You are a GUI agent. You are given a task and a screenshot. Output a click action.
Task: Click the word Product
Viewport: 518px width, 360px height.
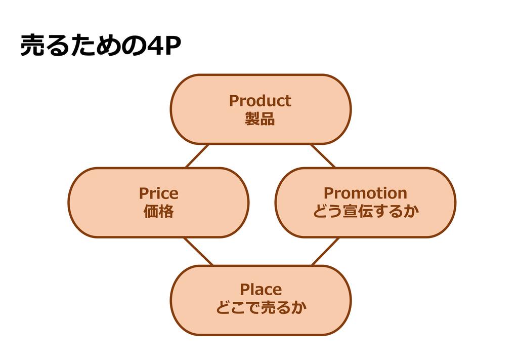click(x=260, y=101)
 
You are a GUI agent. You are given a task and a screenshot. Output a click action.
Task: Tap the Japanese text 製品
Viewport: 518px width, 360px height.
click(x=260, y=119)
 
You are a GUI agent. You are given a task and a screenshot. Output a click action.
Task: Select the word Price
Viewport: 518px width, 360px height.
click(x=158, y=193)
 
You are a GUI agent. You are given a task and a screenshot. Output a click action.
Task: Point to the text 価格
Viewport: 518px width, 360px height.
click(x=158, y=212)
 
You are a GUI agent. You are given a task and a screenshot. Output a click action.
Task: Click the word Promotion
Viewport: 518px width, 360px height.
click(x=365, y=193)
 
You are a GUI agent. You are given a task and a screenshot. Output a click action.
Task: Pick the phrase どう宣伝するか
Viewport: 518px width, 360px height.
click(x=365, y=212)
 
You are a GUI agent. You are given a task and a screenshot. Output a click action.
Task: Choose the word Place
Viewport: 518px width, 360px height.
click(x=261, y=290)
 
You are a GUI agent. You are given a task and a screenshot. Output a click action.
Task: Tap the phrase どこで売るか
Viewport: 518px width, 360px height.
click(x=261, y=308)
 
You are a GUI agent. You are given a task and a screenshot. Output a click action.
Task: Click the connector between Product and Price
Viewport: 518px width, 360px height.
click(x=197, y=156)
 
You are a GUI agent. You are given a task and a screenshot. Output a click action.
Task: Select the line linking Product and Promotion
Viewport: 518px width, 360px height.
click(x=323, y=156)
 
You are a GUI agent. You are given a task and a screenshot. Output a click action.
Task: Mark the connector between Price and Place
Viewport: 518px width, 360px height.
click(x=198, y=252)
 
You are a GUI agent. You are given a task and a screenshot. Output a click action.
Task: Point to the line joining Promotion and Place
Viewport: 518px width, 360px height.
click(x=325, y=252)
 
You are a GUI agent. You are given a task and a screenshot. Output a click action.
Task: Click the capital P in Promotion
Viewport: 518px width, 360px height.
click(x=328, y=193)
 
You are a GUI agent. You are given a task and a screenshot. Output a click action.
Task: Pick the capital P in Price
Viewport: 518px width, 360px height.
click(x=144, y=193)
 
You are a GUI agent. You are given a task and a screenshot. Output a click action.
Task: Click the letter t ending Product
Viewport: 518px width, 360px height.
click(x=288, y=101)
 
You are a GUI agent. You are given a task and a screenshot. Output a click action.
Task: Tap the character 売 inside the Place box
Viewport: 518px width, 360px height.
click(x=269, y=308)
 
